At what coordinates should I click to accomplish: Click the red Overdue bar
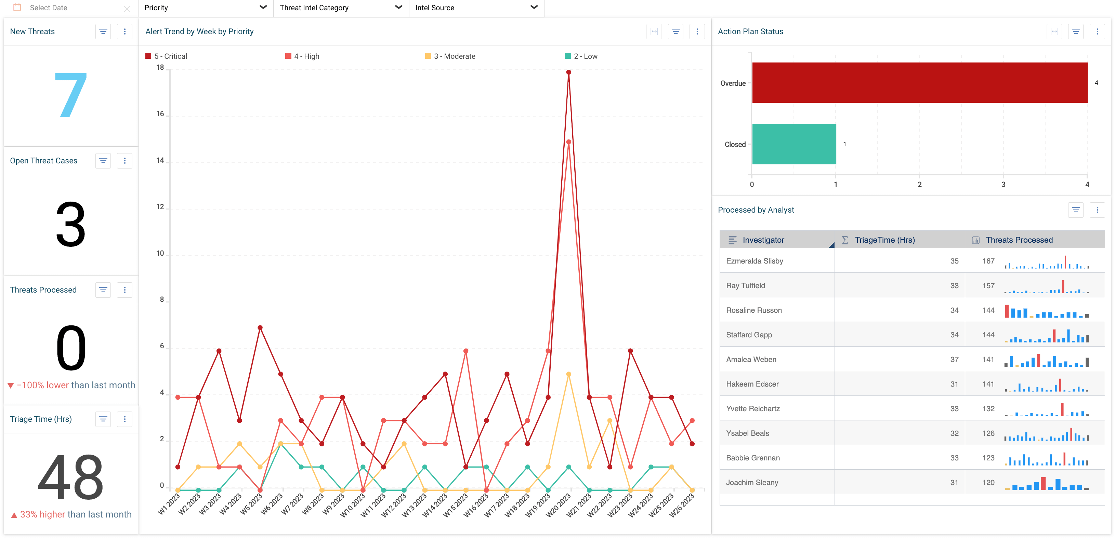[x=919, y=83]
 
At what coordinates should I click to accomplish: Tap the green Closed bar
[x=794, y=144]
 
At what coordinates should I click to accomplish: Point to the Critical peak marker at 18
[x=568, y=72]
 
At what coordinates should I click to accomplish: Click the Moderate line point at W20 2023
[x=568, y=374]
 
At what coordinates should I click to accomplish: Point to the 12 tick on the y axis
[x=160, y=207]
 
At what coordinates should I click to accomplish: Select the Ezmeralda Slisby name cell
[x=755, y=261]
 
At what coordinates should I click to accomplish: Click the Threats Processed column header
[x=1019, y=240]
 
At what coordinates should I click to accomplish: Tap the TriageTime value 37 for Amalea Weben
[x=954, y=359]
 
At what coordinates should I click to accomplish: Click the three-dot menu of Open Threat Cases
[x=124, y=161]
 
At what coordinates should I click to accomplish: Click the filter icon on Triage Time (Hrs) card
[x=103, y=419]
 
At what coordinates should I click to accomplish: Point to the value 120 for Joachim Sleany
[x=988, y=482]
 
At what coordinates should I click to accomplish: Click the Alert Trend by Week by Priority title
[x=199, y=31]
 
